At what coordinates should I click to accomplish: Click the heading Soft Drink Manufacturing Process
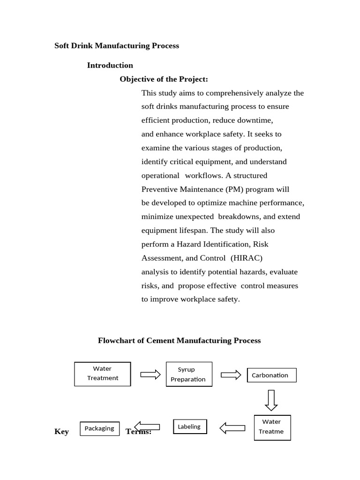pos(117,45)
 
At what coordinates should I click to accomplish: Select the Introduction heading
pos(110,65)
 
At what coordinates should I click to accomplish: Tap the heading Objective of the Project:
pos(164,79)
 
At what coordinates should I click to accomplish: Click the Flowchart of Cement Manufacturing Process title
pos(179,340)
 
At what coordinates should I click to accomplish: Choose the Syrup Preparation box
pos(189,374)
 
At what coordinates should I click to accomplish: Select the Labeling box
pos(190,427)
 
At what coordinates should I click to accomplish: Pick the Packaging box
pos(99,428)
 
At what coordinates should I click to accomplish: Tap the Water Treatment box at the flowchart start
pos(102,374)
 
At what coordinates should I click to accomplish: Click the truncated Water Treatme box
pos(272,427)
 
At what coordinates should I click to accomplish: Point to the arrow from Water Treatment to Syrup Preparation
pos(150,374)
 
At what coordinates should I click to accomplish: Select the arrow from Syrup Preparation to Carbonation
pos(231,375)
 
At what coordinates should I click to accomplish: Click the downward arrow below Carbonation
pos(271,400)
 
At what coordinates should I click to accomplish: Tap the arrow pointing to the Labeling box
pos(232,427)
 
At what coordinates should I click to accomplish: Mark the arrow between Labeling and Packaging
pos(147,427)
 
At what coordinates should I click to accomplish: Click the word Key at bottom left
pos(61,432)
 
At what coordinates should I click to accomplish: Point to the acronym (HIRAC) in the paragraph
pos(247,258)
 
